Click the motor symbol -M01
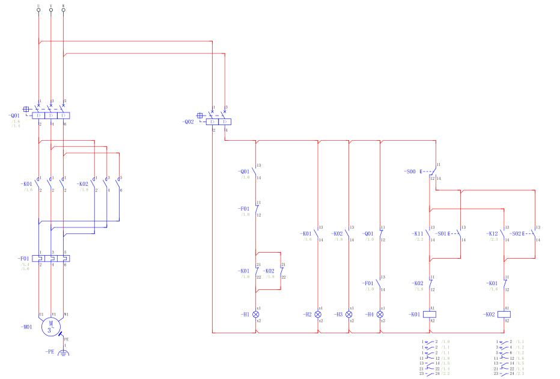point(50,327)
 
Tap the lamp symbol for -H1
point(257,314)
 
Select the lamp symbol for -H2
point(318,314)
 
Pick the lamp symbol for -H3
point(349,314)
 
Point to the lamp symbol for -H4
point(380,314)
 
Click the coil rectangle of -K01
point(430,314)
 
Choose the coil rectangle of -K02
point(504,314)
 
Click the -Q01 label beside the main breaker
point(16,116)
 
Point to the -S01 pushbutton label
point(444,233)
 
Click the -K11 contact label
point(418,233)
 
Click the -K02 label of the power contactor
point(83,184)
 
